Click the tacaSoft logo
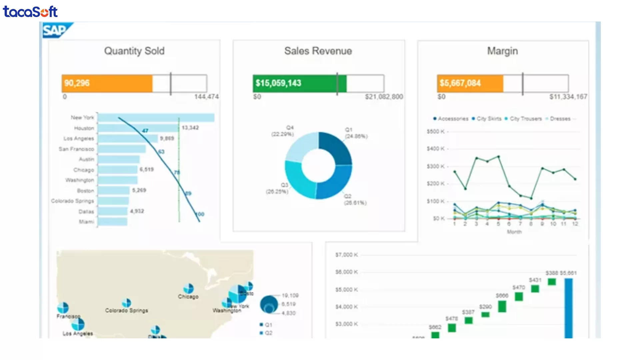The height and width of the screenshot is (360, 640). [x=30, y=12]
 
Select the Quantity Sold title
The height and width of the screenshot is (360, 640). [x=134, y=51]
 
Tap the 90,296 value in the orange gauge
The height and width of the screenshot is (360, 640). [x=77, y=83]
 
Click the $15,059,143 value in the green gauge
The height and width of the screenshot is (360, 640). [x=278, y=83]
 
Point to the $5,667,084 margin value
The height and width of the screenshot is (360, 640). [x=460, y=83]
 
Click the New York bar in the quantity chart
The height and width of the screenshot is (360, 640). [x=156, y=118]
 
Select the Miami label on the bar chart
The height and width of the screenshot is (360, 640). [x=86, y=222]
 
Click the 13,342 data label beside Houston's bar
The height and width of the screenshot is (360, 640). [x=190, y=128]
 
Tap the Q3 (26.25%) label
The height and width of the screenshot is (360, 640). [x=277, y=188]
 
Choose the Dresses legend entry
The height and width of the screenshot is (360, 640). [x=560, y=119]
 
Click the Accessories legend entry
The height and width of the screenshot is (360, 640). [x=453, y=119]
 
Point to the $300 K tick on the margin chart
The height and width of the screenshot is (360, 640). [x=436, y=166]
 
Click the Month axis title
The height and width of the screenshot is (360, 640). [x=514, y=232]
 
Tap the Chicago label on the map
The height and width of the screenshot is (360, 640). [x=188, y=297]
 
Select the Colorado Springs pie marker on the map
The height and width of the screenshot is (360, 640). [x=126, y=303]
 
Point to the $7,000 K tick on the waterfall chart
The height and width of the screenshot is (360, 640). [x=346, y=255]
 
